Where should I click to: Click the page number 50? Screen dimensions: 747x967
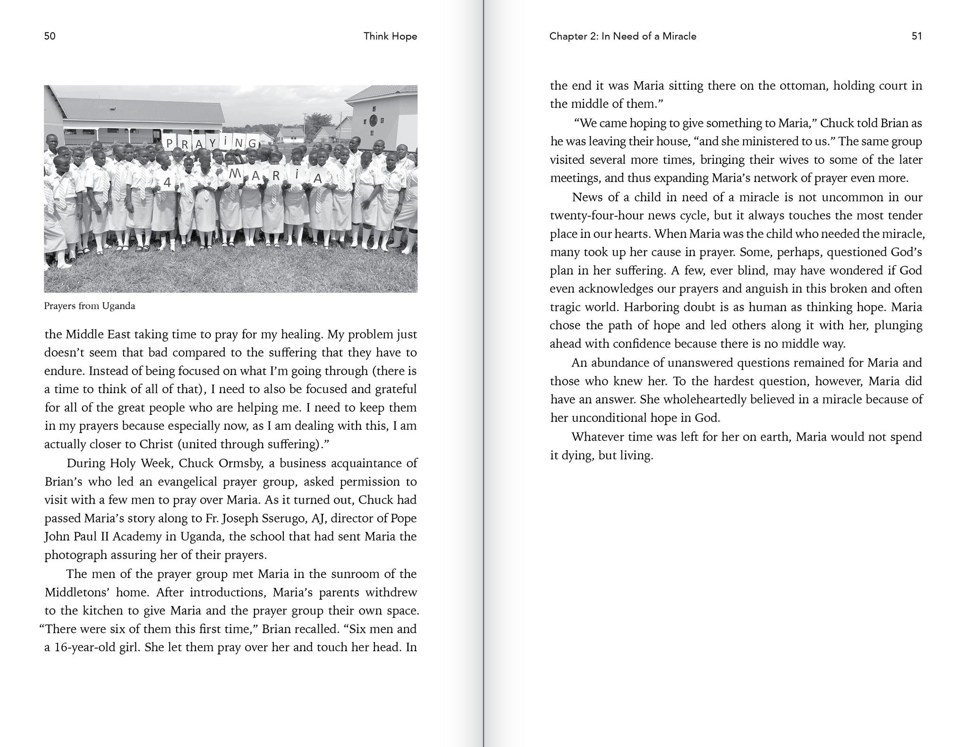[x=50, y=36]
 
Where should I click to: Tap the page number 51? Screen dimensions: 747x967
[x=916, y=36]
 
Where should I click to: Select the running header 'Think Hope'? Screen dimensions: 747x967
[x=390, y=36]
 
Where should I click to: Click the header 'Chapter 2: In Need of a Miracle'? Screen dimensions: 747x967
[x=623, y=36]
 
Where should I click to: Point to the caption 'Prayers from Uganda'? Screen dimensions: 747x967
[x=90, y=306]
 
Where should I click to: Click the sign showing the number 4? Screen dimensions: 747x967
[x=167, y=182]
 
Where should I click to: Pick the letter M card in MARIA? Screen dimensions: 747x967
[x=235, y=174]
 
